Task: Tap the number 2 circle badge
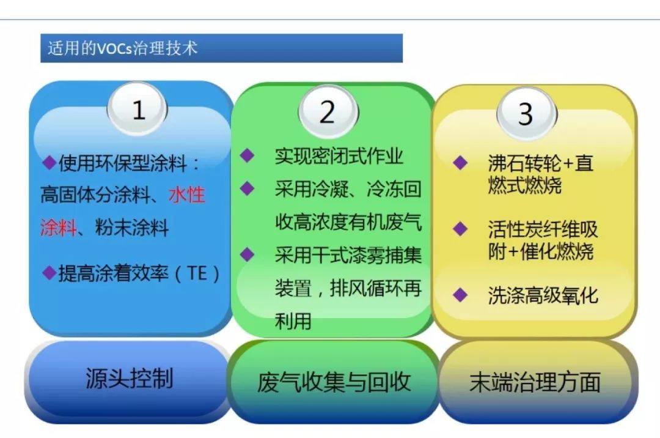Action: pos(328,111)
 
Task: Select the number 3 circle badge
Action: pos(527,113)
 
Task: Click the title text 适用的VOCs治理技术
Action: pos(122,48)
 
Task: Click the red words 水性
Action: pos(187,195)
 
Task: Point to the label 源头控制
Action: pos(129,378)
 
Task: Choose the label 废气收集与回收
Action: pos(334,382)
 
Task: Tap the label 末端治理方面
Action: pos(535,382)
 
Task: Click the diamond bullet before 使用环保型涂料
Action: pos(50,163)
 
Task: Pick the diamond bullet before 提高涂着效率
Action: pos(50,272)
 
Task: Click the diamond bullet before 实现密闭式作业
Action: pos(247,155)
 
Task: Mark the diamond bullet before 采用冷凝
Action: pos(247,188)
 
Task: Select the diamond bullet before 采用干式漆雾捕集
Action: pos(247,254)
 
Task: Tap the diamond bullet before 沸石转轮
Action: pos(460,163)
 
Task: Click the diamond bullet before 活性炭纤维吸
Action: pos(460,229)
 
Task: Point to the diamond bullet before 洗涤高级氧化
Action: pos(460,295)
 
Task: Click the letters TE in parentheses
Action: pos(197,273)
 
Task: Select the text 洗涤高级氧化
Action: pos(543,295)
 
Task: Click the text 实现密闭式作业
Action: pos(339,156)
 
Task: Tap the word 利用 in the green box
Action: pos(293,321)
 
